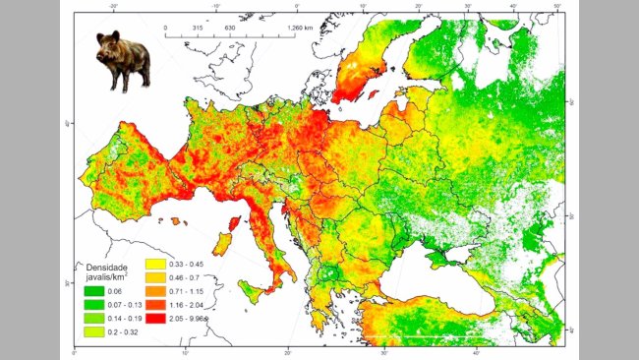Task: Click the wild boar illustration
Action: pyautogui.click(x=124, y=60)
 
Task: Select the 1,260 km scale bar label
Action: pyautogui.click(x=285, y=28)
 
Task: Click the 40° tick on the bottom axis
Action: pyautogui.click(x=476, y=353)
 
